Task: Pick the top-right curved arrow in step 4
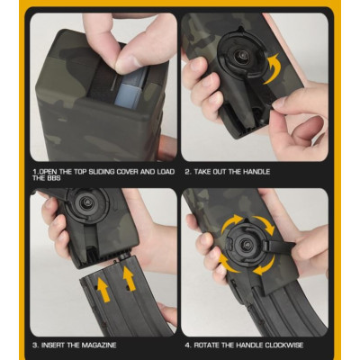[263, 222]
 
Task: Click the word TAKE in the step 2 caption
[210, 171]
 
